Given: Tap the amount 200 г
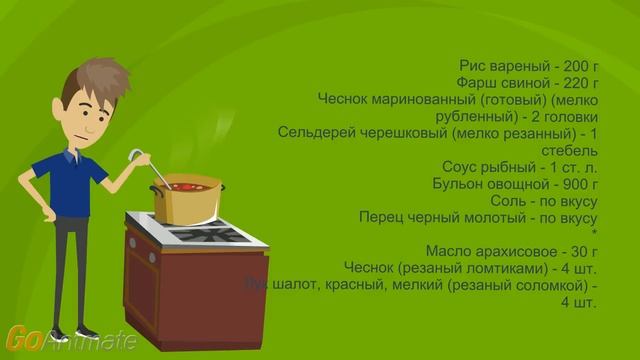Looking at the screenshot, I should (x=576, y=65).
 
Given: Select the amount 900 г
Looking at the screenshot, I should (x=576, y=184).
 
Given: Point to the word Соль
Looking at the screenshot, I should (x=500, y=201).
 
